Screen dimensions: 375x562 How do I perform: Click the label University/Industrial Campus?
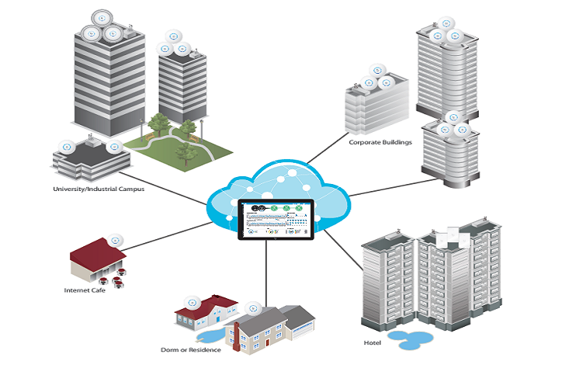click(x=98, y=189)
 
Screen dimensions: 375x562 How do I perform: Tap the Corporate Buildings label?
click(x=380, y=143)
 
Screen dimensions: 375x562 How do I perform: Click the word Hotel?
click(x=373, y=342)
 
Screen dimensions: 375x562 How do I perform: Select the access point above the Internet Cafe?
click(x=116, y=239)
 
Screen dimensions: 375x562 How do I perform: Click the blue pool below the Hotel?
click(x=411, y=339)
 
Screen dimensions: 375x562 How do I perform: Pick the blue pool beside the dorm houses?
click(x=211, y=335)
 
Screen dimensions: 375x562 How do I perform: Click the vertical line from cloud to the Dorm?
click(x=266, y=272)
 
